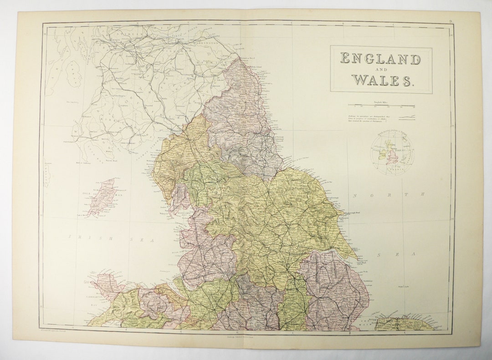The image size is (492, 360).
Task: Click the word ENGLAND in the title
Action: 380,59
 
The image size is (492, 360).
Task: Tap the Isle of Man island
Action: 102,197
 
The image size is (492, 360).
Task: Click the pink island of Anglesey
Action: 108,282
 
